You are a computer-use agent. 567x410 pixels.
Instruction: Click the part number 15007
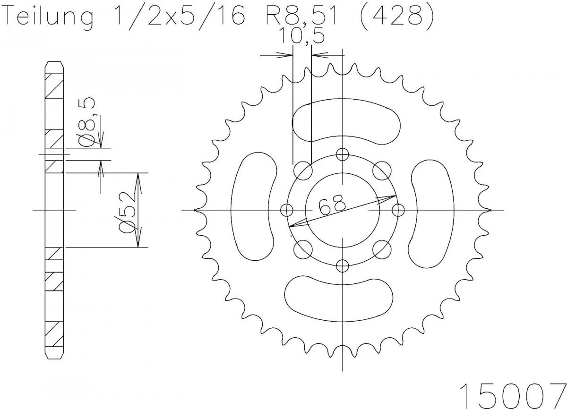point(512,393)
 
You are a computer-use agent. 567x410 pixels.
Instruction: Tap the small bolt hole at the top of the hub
point(343,154)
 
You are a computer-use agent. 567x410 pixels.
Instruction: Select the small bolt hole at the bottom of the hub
point(343,265)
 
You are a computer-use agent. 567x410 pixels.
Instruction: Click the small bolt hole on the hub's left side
point(286,210)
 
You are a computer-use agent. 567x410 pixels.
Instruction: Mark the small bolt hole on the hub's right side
point(398,210)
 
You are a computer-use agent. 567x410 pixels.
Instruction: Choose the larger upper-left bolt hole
point(302,171)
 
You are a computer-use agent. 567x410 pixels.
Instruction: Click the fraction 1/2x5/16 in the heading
point(178,17)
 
